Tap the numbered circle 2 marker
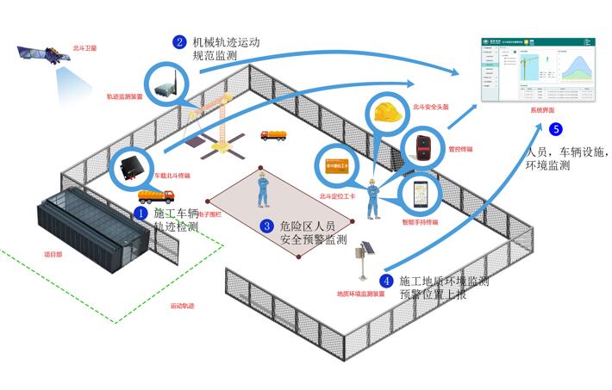pyautogui.click(x=179, y=41)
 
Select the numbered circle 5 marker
pyautogui.click(x=556, y=130)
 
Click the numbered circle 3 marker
pyautogui.click(x=267, y=226)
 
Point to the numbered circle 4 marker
pyautogui.click(x=386, y=281)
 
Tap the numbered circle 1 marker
pyautogui.click(x=141, y=212)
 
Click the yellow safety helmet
pyautogui.click(x=387, y=109)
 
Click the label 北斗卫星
pyautogui.click(x=85, y=49)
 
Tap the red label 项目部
pyautogui.click(x=53, y=255)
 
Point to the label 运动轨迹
pyautogui.click(x=183, y=306)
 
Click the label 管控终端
pyautogui.click(x=460, y=148)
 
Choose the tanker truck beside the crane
pyautogui.click(x=275, y=135)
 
